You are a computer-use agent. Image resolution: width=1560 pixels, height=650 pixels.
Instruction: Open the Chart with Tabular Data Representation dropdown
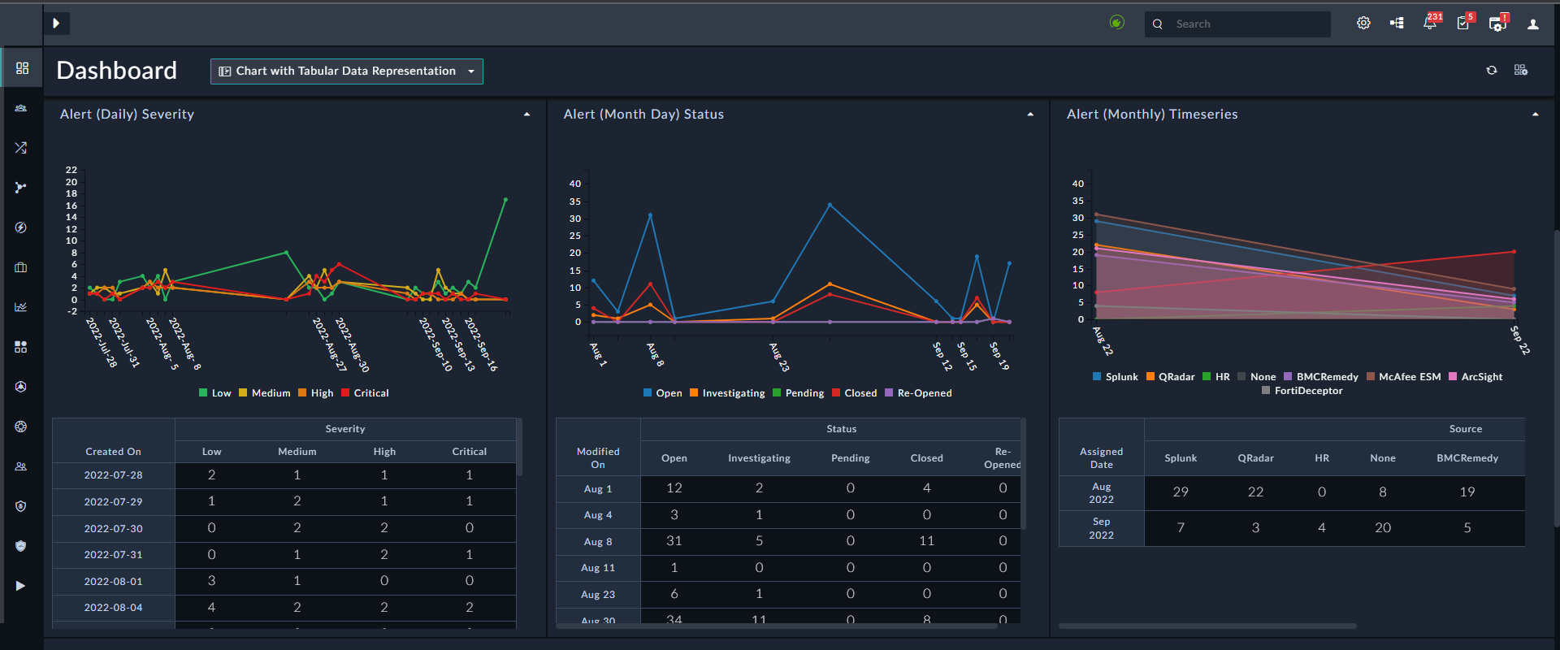(346, 71)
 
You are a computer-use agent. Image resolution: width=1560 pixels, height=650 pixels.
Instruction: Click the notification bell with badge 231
(1430, 24)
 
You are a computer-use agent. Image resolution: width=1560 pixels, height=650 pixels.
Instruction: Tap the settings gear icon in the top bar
(1363, 24)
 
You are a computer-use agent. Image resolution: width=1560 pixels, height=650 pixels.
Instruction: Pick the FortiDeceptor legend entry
(1302, 391)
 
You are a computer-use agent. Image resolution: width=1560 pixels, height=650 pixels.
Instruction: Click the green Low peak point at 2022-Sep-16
(505, 200)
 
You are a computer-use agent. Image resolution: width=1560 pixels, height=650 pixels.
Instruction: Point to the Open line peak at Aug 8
(650, 215)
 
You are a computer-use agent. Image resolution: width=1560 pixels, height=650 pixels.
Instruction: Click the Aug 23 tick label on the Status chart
(779, 357)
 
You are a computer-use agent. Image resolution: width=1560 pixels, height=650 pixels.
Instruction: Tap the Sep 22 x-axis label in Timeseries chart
(1519, 340)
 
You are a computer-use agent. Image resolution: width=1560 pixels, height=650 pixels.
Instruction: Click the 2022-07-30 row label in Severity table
(114, 529)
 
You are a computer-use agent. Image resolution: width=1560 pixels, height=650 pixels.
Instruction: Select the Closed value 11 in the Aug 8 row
(926, 541)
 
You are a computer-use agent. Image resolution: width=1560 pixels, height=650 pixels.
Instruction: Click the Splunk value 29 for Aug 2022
(1181, 492)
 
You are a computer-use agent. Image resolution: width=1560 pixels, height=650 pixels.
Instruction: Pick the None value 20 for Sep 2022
(1383, 528)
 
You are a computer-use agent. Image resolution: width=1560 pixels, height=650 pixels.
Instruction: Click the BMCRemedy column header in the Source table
(1467, 458)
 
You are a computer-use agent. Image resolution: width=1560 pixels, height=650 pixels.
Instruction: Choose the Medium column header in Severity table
(297, 452)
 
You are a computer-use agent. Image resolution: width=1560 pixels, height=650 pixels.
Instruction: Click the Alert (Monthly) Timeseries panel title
(1152, 115)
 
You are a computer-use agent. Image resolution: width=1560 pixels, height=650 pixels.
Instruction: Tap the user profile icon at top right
(1533, 24)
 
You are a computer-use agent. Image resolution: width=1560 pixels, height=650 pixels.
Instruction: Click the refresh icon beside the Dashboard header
(1492, 71)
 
